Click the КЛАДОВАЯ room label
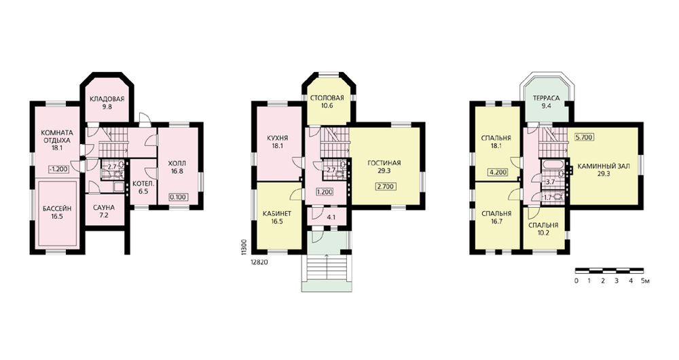[x=107, y=98]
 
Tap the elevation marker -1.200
[x=58, y=169]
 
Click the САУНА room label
[x=104, y=207]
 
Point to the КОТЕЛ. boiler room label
[x=143, y=183]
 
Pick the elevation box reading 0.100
[x=177, y=197]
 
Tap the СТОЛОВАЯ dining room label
[x=327, y=98]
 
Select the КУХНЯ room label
[x=278, y=138]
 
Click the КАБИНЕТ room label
[x=277, y=213]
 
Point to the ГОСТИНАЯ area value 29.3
[x=384, y=171]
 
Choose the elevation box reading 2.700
[x=384, y=187]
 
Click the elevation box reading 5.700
[x=584, y=137]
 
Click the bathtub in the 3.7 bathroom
[x=551, y=165]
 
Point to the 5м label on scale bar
[x=645, y=281]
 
